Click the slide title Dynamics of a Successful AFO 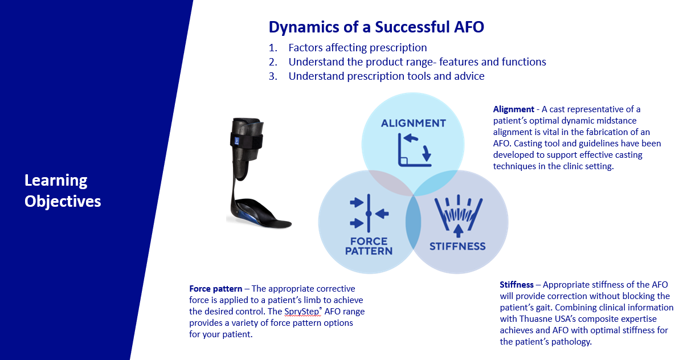[376, 27]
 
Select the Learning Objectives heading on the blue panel [63, 191]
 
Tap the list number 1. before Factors [273, 47]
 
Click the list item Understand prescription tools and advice [386, 76]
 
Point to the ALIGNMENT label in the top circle [414, 123]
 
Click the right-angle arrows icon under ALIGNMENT [414, 150]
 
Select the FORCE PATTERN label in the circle [369, 246]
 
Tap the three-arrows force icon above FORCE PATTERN [369, 213]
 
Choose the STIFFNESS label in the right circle [457, 247]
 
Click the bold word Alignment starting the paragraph [514, 109]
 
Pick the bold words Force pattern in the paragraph [216, 289]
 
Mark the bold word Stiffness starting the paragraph [517, 285]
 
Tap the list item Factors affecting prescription [358, 47]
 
